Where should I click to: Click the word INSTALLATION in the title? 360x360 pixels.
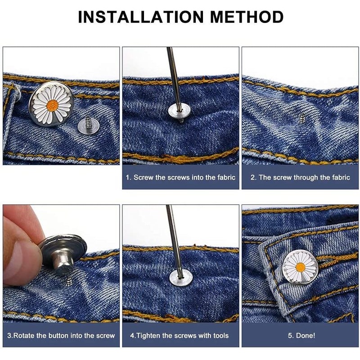[x=141, y=17]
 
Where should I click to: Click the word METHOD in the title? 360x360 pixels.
[x=247, y=17]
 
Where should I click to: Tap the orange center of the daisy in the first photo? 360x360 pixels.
[x=52, y=105]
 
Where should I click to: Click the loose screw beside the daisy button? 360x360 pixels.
[x=88, y=125]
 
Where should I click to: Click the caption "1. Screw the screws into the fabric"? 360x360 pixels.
[x=180, y=177]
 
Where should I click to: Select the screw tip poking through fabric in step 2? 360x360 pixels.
[x=302, y=118]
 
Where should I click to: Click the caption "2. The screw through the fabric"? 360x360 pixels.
[x=300, y=177]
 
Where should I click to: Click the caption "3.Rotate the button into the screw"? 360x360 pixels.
[x=61, y=336]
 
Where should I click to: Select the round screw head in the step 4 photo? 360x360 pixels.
[x=180, y=278]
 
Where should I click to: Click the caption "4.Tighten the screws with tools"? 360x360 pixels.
[x=179, y=336]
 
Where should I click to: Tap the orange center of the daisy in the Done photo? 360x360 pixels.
[x=300, y=267]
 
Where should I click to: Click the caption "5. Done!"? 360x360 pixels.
[x=301, y=336]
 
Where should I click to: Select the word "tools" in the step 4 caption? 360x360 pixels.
[x=221, y=336]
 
